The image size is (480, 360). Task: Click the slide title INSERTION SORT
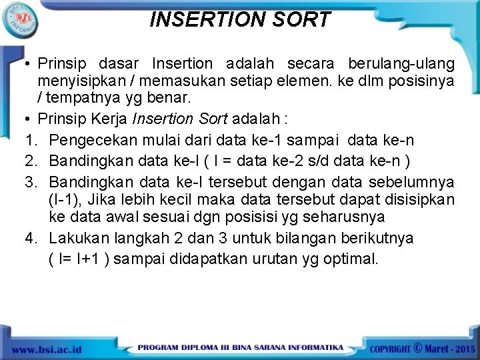coord(240,20)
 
